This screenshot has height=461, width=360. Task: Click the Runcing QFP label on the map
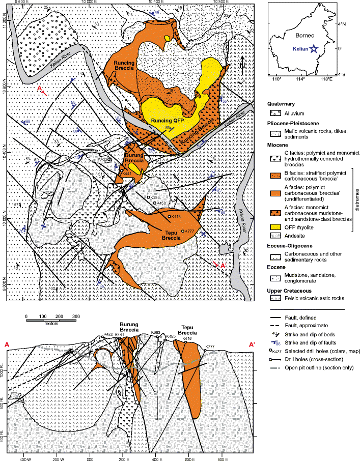(x=163, y=121)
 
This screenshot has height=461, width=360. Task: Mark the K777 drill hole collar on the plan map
(x=183, y=231)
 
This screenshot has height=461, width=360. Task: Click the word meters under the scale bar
(x=50, y=323)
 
